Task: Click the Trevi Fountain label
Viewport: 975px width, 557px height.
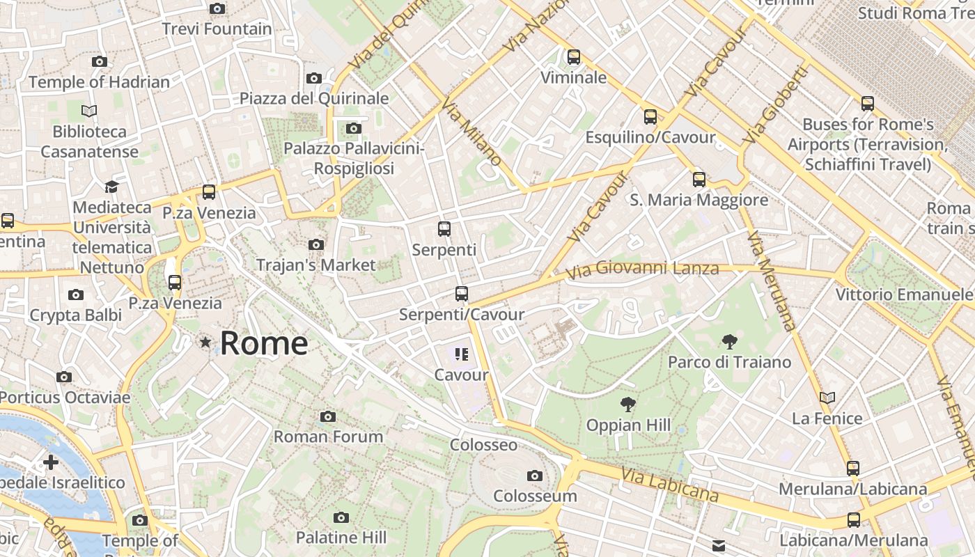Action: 217,29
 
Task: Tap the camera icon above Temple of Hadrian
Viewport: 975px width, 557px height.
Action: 100,61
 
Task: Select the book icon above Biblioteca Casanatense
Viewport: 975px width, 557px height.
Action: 89,111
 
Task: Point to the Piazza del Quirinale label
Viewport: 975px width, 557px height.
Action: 314,98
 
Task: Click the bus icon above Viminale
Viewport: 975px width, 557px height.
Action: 574,57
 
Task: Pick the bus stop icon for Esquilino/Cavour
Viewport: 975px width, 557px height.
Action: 650,117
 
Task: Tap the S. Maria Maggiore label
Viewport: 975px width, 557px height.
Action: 699,201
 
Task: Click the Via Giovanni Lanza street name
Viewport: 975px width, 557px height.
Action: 641,269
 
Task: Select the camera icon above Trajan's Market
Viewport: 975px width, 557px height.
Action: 316,244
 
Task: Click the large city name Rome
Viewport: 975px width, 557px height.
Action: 264,343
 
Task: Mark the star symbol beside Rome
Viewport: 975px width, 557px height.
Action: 205,343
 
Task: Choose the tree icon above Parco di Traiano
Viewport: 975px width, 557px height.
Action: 730,341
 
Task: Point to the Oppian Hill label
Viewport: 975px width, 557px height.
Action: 628,425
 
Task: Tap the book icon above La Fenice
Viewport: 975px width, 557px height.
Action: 827,398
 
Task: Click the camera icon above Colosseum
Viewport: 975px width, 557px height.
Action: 535,476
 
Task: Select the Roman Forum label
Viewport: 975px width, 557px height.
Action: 328,437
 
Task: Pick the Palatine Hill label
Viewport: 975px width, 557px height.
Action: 341,538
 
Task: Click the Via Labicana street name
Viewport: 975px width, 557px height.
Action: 669,485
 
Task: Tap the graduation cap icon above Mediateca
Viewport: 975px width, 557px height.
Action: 111,187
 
